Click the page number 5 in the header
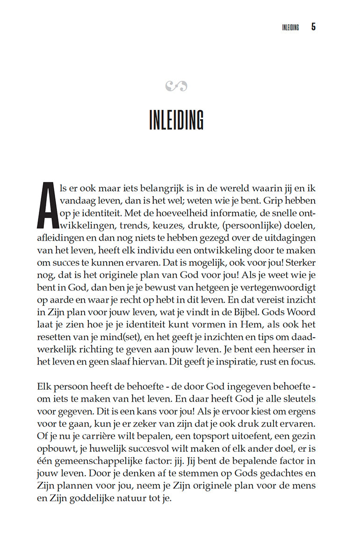coord(313,27)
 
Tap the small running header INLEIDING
coord(290,27)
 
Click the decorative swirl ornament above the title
coord(176,86)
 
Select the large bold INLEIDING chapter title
coord(176,120)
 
